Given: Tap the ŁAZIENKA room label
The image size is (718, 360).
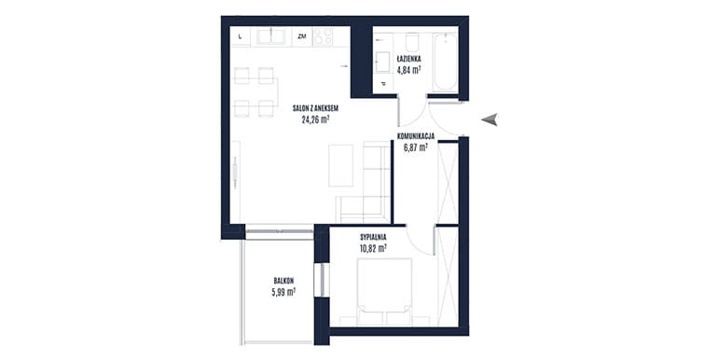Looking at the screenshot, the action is point(408,59).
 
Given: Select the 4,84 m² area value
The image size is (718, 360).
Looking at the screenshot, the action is point(409,70).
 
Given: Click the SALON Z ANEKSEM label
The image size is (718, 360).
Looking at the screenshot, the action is point(315,108).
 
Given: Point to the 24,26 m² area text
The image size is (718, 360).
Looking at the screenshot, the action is point(316,120).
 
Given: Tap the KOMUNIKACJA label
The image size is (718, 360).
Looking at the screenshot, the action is point(416,136).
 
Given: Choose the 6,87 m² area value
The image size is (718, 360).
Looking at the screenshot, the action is point(415,147).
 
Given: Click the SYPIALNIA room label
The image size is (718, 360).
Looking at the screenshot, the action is point(373,237).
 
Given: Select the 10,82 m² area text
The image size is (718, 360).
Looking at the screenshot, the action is point(373,249).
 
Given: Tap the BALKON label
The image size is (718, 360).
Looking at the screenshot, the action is point(283,281).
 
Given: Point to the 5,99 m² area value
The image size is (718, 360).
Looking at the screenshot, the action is point(283,292).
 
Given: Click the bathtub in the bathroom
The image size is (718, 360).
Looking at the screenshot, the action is point(445,62).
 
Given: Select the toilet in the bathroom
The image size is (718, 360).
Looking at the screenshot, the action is point(412,42).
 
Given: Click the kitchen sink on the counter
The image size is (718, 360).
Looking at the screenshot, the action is point(270,36).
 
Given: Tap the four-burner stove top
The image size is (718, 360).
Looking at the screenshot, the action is point(323,36).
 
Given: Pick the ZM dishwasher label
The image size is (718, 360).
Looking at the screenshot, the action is point(302,36).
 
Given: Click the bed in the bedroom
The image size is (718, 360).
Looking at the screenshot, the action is point(384,292).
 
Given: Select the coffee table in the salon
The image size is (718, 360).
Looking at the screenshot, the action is point(341,165).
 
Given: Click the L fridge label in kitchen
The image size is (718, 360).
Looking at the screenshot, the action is point(241,37).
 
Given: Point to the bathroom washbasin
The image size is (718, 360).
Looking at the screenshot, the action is point(383,62).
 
